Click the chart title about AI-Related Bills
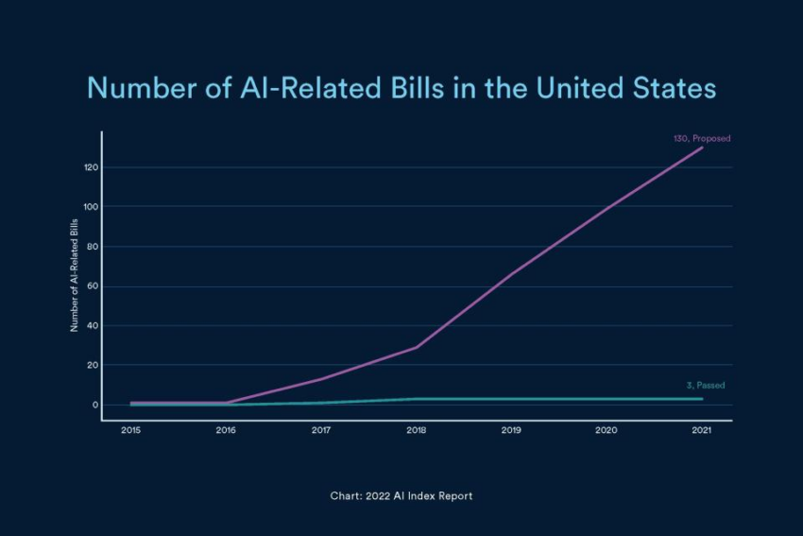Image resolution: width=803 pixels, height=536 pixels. coord(401,89)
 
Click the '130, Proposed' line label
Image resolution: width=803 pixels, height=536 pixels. coord(701,138)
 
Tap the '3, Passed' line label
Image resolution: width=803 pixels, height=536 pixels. coord(706,386)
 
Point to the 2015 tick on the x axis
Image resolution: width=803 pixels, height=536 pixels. coord(130,430)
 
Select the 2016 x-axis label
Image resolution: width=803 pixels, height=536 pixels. coord(226,430)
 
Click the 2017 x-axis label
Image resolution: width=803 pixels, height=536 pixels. coord(321,430)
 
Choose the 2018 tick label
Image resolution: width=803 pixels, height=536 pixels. coord(417,430)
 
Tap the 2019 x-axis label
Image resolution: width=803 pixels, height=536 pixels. coord(512,430)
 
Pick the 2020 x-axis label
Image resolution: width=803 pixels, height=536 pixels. coord(607,430)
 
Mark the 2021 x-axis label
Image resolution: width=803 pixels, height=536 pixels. coord(702,430)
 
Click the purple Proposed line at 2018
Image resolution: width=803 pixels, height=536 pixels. coord(417,347)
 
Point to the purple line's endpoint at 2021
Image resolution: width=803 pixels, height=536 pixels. coord(702,147)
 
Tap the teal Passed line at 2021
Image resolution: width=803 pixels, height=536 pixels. coord(702,399)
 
